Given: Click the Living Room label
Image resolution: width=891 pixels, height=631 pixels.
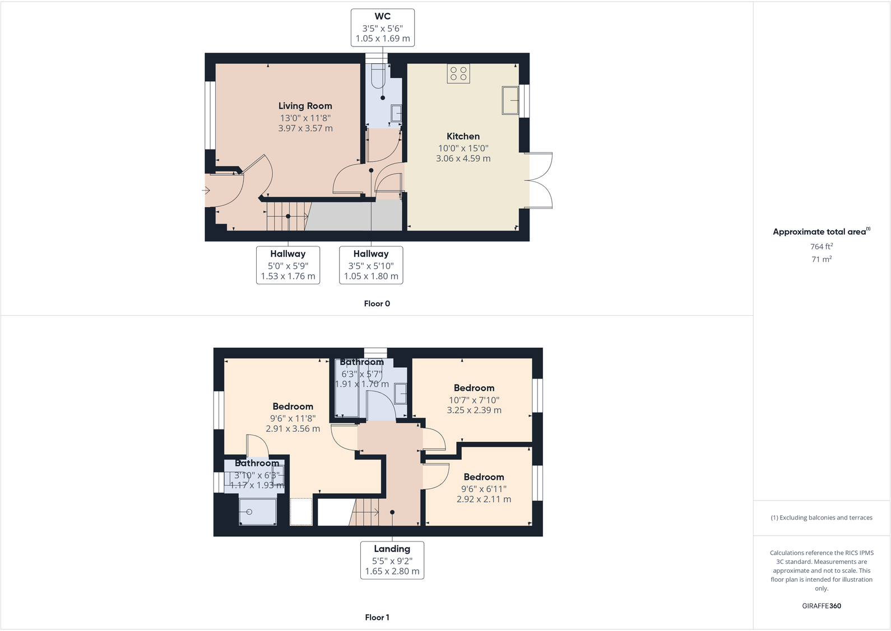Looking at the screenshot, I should pyautogui.click(x=305, y=106).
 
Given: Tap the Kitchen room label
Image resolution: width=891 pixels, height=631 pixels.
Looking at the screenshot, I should pyautogui.click(x=463, y=137).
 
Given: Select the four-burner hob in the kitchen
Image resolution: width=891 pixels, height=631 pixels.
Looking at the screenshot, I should pyautogui.click(x=458, y=73).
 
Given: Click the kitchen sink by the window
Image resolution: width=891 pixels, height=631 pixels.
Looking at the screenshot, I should pyautogui.click(x=510, y=100).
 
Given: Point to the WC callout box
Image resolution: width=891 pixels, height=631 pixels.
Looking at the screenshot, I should pyautogui.click(x=383, y=27).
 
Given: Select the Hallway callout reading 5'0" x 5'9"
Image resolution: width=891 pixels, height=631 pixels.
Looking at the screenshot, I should pyautogui.click(x=288, y=265).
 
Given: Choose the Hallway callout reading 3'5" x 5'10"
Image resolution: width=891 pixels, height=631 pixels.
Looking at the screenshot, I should pyautogui.click(x=371, y=265).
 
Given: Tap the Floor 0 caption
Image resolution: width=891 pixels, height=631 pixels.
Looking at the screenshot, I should pyautogui.click(x=377, y=303).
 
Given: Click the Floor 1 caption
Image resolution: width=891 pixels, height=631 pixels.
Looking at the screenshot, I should pyautogui.click(x=377, y=618).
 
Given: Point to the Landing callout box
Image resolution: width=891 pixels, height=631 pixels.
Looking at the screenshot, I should pyautogui.click(x=392, y=560).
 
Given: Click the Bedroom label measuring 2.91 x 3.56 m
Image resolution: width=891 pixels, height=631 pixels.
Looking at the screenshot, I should pyautogui.click(x=293, y=407).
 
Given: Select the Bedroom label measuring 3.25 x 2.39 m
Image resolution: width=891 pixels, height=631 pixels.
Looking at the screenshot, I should pyautogui.click(x=474, y=388).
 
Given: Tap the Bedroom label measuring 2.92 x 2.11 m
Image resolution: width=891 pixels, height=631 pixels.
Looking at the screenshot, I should pyautogui.click(x=484, y=477).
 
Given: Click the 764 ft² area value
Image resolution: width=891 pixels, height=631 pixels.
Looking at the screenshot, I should pyautogui.click(x=822, y=246).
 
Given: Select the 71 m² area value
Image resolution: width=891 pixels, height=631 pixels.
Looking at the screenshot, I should pyautogui.click(x=822, y=259).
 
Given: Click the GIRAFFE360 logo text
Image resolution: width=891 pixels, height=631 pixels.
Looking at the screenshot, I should pyautogui.click(x=822, y=606).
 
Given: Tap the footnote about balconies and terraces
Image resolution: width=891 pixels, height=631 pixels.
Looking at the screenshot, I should pyautogui.click(x=822, y=518).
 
